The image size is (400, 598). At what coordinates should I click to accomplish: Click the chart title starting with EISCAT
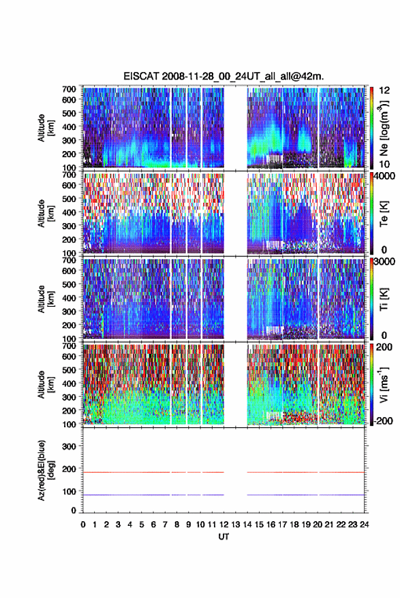[x=224, y=76]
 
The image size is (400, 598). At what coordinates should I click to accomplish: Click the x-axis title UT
[x=224, y=537]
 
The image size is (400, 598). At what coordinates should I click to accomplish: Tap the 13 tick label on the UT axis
[x=235, y=525]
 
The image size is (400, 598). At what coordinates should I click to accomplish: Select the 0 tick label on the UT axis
[x=83, y=525]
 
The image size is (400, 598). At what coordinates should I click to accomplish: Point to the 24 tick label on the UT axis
[x=364, y=525]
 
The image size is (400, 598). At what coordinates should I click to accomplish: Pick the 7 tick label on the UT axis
[x=165, y=525]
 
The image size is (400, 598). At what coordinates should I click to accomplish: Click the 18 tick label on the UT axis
[x=294, y=525]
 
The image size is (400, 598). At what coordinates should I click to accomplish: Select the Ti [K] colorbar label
[x=384, y=299]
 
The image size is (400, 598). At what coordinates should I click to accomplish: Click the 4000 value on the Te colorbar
[x=383, y=177]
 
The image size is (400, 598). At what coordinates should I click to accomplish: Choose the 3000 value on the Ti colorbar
[x=383, y=262]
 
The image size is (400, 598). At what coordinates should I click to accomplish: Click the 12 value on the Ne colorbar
[x=384, y=90]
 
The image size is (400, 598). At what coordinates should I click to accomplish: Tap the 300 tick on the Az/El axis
[x=69, y=446]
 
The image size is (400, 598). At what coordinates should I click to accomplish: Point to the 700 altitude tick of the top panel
[x=69, y=89]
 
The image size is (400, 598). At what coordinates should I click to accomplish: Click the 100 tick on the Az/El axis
[x=69, y=492]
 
